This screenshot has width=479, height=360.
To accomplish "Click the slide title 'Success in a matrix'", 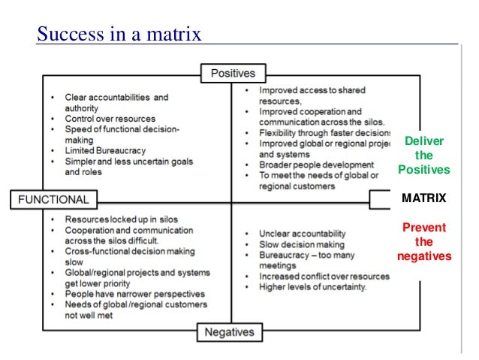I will (119, 34).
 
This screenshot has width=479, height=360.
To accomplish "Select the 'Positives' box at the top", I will (232, 74).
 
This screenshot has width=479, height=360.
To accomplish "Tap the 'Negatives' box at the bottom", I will (230, 332).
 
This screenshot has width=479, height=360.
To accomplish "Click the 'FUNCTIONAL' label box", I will (53, 201).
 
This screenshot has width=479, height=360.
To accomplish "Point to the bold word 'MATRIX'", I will (423, 199).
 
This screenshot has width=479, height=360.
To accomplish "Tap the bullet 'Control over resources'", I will (110, 119).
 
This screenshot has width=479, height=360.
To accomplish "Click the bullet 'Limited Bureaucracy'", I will (104, 150).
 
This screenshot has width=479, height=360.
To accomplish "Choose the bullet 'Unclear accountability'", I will (302, 234).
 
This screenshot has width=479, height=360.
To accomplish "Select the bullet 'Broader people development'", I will (316, 165).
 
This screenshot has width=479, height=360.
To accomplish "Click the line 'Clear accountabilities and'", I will (116, 97).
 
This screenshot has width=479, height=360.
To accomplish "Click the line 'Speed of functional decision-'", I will (122, 129).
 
